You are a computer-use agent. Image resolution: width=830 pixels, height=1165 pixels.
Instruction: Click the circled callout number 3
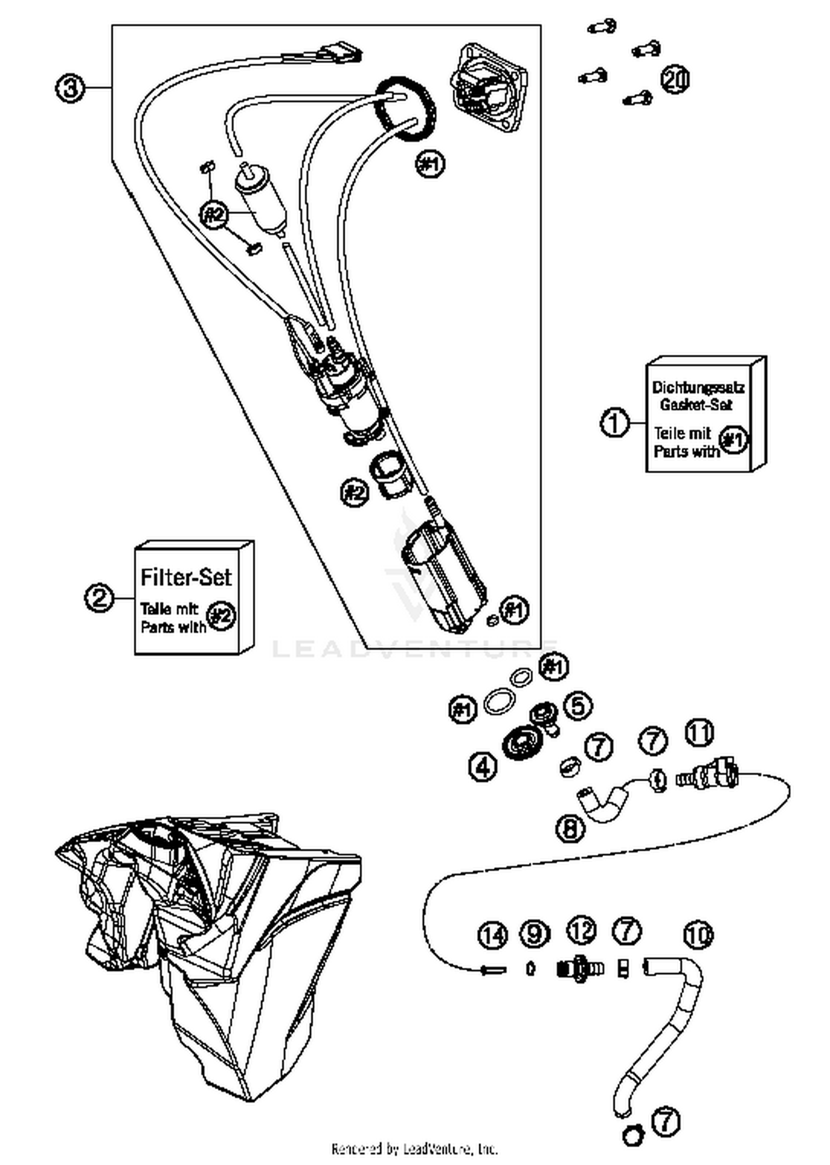[x=70, y=88]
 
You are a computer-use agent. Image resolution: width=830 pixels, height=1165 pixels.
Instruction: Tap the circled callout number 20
[x=676, y=79]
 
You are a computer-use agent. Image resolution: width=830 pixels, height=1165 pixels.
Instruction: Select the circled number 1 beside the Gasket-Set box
[x=615, y=424]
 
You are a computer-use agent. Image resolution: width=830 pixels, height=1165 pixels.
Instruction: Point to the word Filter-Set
[x=186, y=577]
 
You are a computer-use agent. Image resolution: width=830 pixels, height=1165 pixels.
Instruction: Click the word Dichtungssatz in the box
[x=698, y=387]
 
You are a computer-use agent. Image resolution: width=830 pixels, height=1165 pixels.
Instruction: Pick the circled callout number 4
[x=483, y=766]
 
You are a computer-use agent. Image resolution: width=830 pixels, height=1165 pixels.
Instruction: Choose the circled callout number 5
[x=578, y=706]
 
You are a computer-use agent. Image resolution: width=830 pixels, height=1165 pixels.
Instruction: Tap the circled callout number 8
[x=570, y=828]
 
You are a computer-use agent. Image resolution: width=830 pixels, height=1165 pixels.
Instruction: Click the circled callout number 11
[x=700, y=733]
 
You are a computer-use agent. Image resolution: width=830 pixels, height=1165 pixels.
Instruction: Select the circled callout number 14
[x=492, y=934]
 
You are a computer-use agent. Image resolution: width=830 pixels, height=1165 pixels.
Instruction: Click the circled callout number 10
[x=698, y=935]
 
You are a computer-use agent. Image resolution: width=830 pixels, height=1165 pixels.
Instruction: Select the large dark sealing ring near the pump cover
[x=406, y=109]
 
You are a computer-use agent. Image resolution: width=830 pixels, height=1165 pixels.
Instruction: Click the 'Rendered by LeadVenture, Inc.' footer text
[x=414, y=1148]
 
